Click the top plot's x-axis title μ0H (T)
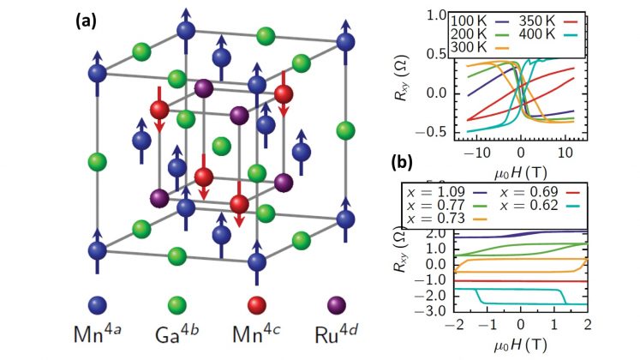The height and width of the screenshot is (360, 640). coord(520,165)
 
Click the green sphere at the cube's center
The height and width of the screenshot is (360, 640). coord(221,147)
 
